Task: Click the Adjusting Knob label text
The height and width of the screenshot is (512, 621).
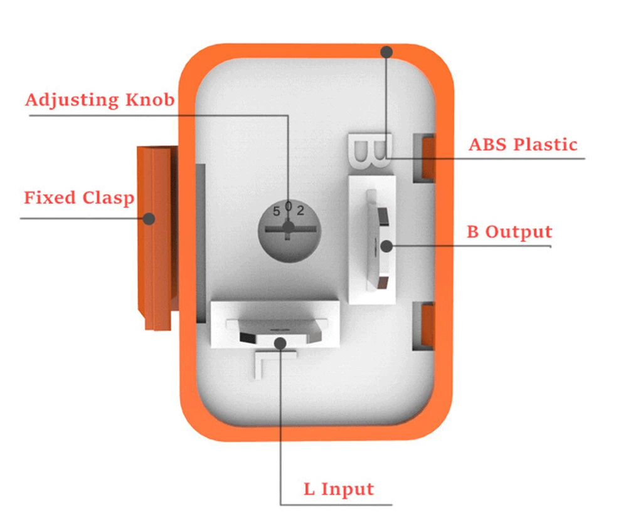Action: pos(100,100)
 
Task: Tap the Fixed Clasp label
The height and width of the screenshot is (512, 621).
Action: pos(79,198)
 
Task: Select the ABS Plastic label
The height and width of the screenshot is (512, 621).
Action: pos(523,144)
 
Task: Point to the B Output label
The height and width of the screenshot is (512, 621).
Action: pos(509,232)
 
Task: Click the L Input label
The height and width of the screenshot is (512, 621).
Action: pos(339,489)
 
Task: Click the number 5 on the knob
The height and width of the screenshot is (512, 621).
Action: pos(277,212)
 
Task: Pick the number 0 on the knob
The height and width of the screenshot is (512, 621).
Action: pos(289,206)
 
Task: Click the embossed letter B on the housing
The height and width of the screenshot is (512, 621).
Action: pos(369,150)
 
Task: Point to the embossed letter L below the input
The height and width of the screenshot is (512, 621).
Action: pos(265,363)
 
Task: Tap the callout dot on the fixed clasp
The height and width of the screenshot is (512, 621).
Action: pos(149,219)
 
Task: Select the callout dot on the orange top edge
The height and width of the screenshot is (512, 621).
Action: pos(387,51)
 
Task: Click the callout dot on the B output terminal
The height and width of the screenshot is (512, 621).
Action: pos(386,246)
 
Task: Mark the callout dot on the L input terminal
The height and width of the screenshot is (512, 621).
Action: pos(280,342)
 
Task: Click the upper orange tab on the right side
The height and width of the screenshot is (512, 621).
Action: pos(428,157)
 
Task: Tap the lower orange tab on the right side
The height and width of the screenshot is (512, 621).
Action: pos(428,325)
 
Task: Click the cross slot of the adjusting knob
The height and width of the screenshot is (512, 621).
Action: pos(288,229)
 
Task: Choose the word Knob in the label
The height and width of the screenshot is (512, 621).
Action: pos(151,100)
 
